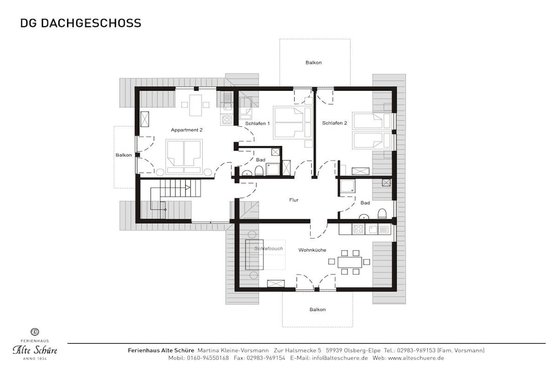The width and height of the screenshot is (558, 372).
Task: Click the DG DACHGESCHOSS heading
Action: click(x=81, y=23)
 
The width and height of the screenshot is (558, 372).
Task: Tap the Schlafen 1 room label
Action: click(x=257, y=124)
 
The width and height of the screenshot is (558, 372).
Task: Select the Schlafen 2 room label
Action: click(x=335, y=123)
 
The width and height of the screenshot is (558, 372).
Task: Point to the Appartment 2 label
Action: click(x=186, y=130)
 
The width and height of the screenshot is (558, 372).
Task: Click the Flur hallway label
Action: click(x=294, y=200)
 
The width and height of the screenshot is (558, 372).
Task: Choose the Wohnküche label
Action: click(x=312, y=250)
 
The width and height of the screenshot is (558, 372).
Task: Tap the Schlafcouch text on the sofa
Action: click(x=269, y=248)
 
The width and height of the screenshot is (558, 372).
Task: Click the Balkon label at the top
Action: click(x=313, y=63)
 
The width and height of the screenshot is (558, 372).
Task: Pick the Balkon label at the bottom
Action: click(x=318, y=310)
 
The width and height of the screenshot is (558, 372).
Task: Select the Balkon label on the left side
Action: click(x=124, y=155)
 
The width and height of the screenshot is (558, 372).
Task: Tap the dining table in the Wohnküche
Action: click(x=349, y=262)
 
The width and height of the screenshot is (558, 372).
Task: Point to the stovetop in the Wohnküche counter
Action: click(x=359, y=229)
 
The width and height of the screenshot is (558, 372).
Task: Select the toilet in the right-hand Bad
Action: click(x=382, y=213)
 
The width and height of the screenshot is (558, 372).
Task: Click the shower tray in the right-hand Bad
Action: click(x=348, y=187)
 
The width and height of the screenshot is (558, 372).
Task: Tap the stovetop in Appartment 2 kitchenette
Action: click(x=227, y=119)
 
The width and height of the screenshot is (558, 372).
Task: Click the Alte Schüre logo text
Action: click(x=35, y=350)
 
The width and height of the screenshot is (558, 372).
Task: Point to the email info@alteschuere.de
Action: click(x=339, y=358)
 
